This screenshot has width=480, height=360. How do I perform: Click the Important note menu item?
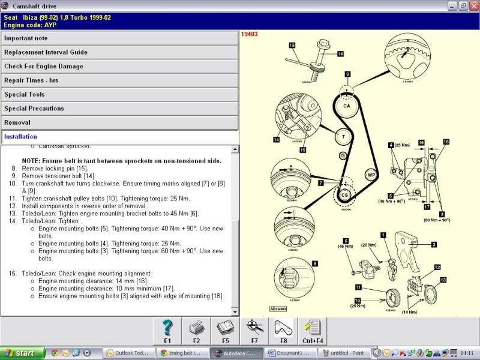point(119,38)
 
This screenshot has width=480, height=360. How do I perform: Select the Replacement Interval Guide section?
point(119,52)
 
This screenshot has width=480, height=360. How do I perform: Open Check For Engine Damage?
point(119,66)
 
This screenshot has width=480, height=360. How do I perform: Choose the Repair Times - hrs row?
point(119,80)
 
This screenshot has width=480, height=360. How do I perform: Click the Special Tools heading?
point(119,94)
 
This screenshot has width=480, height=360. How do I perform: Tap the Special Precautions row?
point(119,109)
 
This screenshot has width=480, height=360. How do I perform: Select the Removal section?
point(119,122)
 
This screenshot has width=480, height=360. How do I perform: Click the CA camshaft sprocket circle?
point(346,106)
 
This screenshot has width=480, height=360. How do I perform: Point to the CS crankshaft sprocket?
point(345,195)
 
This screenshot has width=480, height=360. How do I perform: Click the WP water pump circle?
point(371,175)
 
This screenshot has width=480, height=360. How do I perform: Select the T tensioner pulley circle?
point(343,137)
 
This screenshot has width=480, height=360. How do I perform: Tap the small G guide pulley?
point(343,156)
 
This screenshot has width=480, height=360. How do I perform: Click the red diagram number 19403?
point(250,34)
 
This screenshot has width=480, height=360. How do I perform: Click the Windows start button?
point(22,353)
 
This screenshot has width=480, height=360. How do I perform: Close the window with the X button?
point(473,6)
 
